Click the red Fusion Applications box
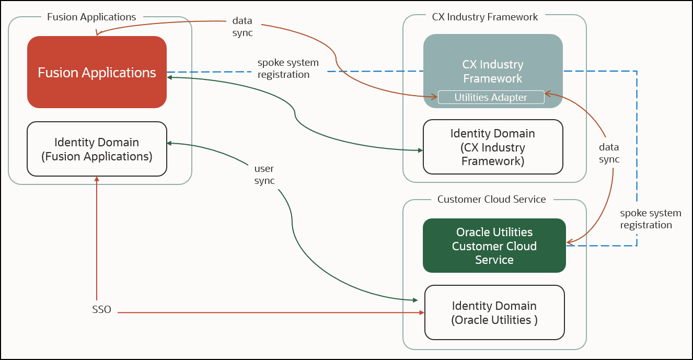97,72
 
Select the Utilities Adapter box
491,97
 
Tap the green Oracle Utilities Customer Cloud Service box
494,246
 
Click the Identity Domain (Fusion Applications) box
97,149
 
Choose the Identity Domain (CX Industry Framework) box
493,147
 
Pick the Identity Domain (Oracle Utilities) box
494,312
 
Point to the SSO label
101,309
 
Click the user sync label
264,175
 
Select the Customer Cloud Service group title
491,199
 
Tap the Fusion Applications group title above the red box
91,17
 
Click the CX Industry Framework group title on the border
484,17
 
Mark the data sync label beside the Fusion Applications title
242,27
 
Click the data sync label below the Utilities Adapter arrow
609,154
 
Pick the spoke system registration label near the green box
650,219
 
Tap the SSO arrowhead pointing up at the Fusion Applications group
97,179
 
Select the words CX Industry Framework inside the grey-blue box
492,72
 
